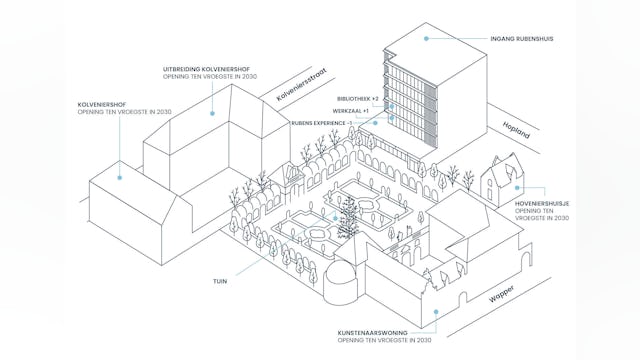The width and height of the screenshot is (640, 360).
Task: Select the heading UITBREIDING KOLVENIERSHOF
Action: [206, 69]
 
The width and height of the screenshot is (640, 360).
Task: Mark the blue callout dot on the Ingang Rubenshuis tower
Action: [426, 39]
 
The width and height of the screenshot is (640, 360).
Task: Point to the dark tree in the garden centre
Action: [348, 220]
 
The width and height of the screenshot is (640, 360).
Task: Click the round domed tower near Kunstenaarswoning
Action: [340, 282]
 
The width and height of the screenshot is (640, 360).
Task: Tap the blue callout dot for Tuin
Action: [272, 251]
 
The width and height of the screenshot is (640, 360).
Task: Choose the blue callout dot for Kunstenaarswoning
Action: [436, 313]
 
